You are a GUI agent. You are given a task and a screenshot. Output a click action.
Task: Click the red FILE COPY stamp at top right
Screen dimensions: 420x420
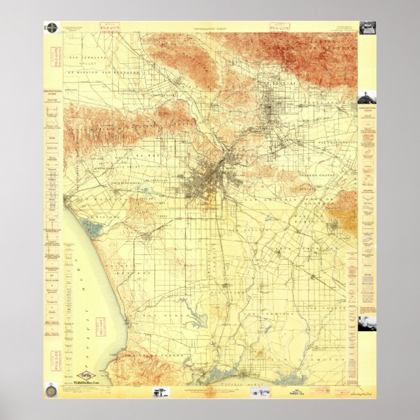278,27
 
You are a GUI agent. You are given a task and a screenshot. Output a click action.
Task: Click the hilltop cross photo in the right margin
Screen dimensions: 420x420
366,97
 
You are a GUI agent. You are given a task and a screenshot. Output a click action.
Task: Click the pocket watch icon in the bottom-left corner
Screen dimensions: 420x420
52,393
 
